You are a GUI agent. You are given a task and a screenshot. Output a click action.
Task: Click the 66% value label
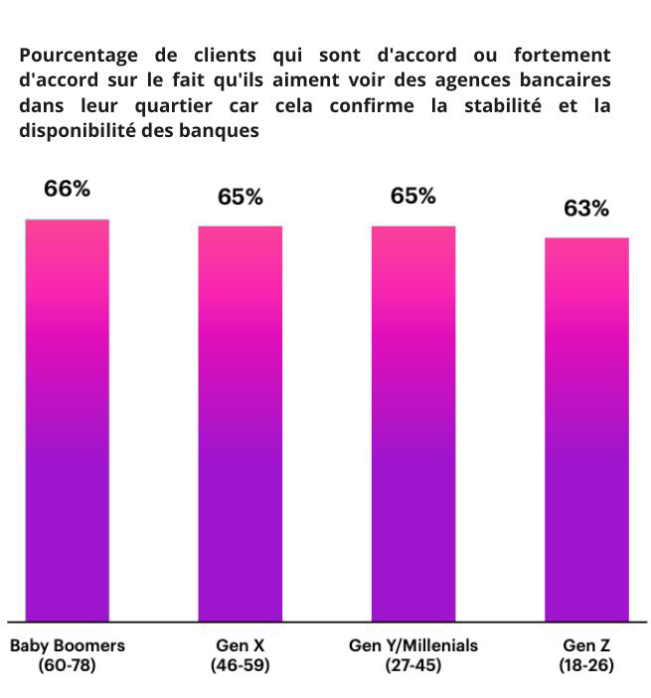pos(67,188)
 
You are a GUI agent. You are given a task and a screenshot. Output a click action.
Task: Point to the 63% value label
pos(586,208)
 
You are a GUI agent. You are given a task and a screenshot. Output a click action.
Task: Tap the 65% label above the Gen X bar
pos(241,197)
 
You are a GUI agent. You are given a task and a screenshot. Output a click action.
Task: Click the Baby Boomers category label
pos(68,645)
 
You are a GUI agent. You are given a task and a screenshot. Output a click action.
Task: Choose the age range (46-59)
pos(241,665)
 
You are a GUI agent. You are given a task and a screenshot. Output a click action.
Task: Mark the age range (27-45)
pos(413,665)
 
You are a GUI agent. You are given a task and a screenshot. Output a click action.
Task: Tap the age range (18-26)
pos(586,665)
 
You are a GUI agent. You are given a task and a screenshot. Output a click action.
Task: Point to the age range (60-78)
pos(68,665)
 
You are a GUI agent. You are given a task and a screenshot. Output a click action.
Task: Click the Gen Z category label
pos(586,645)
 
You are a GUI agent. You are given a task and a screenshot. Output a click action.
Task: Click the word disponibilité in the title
pos(77,131)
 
